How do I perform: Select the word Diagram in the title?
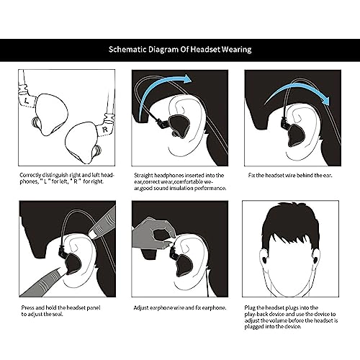[x=168, y=50]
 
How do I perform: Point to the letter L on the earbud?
[x=26, y=103]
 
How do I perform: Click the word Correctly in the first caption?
[x=32, y=174]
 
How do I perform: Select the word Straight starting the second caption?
[x=143, y=174]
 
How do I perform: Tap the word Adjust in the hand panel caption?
[x=142, y=307]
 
